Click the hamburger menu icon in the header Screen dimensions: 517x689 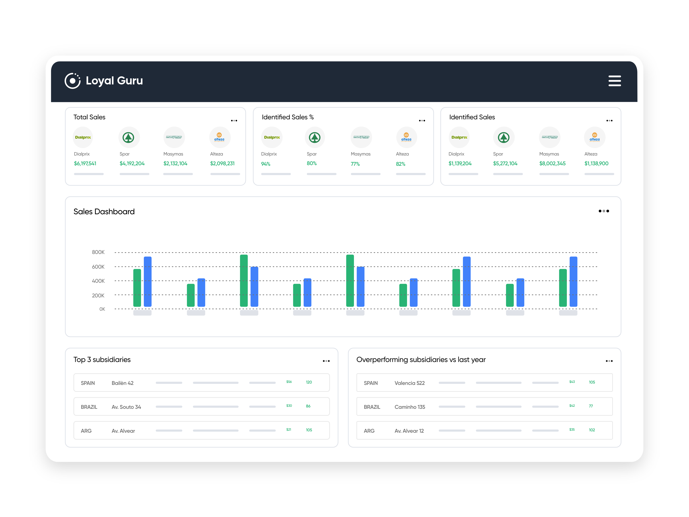[x=614, y=81]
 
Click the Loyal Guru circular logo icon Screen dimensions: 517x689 [x=72, y=81]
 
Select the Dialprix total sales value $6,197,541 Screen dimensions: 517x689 [x=85, y=164]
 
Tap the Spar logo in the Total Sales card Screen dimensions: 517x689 [x=128, y=137]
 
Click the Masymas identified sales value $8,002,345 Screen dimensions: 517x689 [x=552, y=164]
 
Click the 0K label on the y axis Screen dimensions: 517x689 [x=102, y=309]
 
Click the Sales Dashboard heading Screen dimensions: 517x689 [x=104, y=212]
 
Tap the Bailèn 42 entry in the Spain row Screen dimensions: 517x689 [x=122, y=383]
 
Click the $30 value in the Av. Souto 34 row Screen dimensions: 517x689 [x=289, y=406]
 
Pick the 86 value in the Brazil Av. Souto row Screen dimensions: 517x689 [x=308, y=406]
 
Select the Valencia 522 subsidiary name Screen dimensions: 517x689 [x=409, y=383]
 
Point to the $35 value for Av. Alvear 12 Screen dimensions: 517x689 [x=572, y=430]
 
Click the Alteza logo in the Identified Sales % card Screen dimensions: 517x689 [x=406, y=137]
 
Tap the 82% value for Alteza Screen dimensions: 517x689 [x=401, y=164]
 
